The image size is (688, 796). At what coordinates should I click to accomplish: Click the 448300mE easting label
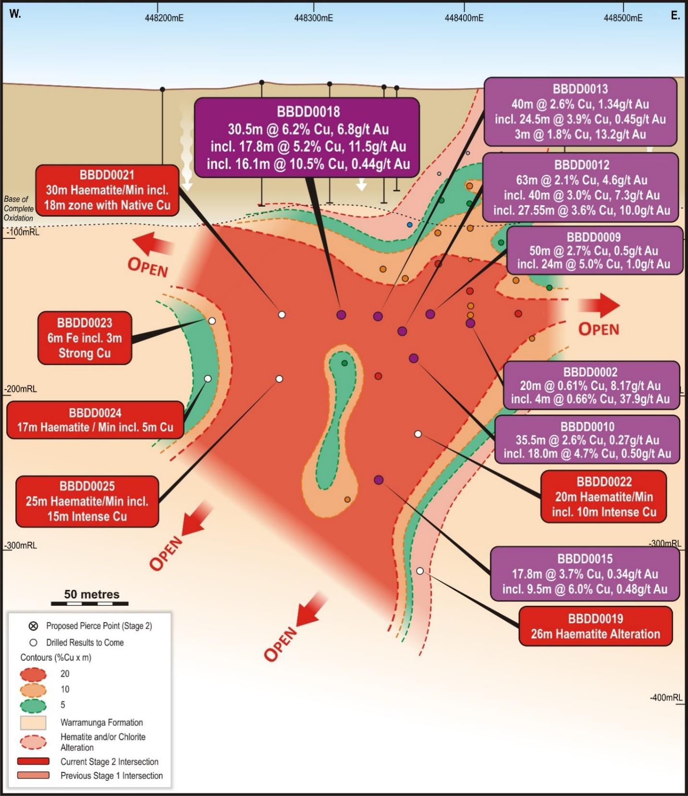click(313, 18)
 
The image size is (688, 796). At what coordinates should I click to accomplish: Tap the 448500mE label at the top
click(623, 18)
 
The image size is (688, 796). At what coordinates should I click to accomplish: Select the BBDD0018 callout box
click(307, 138)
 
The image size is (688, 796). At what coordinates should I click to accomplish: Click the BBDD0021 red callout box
click(107, 190)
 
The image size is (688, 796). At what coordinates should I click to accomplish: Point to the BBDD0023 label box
click(85, 338)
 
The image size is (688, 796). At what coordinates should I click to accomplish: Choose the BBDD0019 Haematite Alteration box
click(595, 626)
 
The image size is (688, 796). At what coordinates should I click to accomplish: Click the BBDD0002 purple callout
click(591, 385)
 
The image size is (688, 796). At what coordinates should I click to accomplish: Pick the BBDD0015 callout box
click(585, 574)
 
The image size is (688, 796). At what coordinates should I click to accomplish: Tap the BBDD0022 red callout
click(603, 497)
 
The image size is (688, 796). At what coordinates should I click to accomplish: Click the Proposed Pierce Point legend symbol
click(33, 626)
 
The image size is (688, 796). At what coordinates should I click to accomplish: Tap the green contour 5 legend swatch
click(33, 705)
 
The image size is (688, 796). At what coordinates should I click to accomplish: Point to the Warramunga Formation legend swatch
click(33, 723)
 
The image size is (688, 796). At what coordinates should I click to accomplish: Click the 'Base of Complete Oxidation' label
click(19, 208)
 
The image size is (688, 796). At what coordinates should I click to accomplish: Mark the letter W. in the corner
click(15, 14)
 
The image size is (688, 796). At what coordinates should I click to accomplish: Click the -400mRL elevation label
click(666, 698)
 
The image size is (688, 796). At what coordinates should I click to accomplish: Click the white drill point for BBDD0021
click(282, 315)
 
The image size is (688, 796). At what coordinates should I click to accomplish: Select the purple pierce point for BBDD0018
click(341, 315)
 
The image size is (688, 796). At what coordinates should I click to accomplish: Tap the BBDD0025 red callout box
click(87, 501)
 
